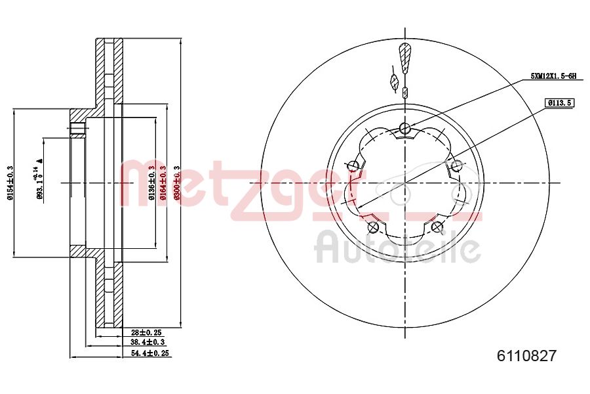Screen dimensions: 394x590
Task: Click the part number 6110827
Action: click(x=527, y=356)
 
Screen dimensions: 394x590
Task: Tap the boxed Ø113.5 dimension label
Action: click(x=559, y=103)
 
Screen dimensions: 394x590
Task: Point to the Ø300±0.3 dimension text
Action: click(x=176, y=183)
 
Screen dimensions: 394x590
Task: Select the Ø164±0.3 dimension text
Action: click(x=163, y=183)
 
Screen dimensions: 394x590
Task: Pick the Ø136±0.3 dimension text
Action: click(x=151, y=183)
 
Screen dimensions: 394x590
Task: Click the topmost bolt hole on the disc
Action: click(x=405, y=128)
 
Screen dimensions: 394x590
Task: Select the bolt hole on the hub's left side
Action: click(x=354, y=165)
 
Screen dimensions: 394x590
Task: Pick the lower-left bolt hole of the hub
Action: click(x=374, y=227)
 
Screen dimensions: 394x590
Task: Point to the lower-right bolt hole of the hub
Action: click(x=437, y=227)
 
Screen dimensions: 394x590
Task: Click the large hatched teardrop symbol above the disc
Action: click(x=405, y=58)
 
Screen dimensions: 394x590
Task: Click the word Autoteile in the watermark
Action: click(x=397, y=248)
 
